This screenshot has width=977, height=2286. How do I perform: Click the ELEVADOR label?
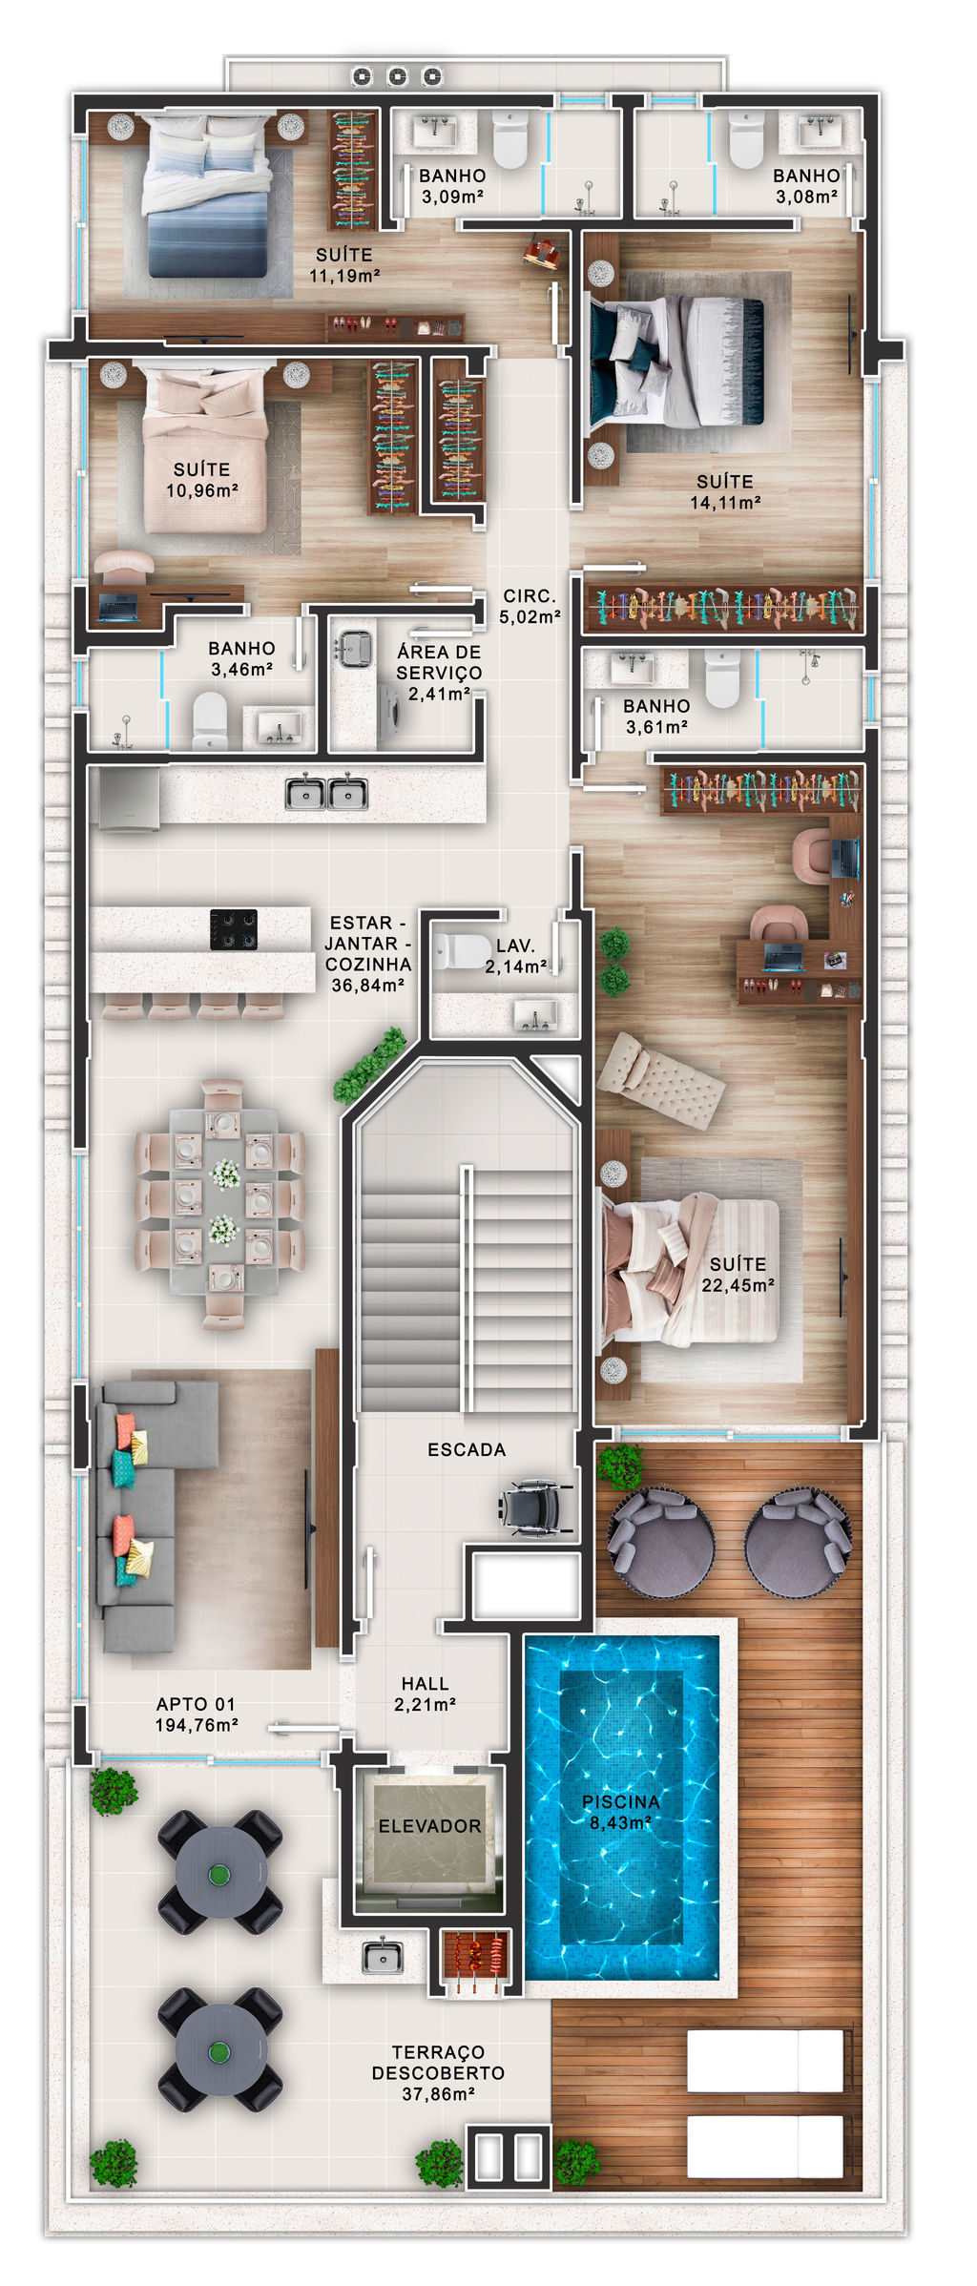429,1825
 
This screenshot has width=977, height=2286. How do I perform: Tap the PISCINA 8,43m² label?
621,1811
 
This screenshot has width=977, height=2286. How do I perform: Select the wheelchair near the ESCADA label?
535,1507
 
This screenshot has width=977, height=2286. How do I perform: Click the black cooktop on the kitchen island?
234,929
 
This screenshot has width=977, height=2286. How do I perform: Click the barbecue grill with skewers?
475,1961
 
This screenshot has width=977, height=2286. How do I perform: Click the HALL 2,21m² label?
425,1694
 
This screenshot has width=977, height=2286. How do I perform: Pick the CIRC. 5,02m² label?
530,606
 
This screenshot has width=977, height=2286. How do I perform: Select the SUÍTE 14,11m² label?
725,491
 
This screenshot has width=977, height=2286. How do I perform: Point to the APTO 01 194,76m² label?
197,1714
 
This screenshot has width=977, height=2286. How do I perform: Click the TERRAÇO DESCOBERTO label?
438,2061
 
